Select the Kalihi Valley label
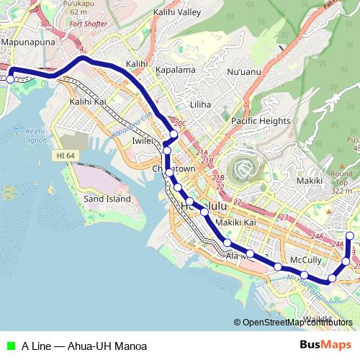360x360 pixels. (x=177, y=12)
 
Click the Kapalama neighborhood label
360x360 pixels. (x=176, y=70)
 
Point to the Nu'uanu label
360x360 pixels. (x=243, y=72)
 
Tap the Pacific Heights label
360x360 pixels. (x=261, y=121)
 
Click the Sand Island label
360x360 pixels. (x=107, y=199)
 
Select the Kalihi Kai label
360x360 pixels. (x=88, y=102)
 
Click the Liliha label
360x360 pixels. (x=200, y=104)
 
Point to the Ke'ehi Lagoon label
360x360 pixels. (x=35, y=135)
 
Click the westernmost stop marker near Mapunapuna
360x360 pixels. (x=10, y=79)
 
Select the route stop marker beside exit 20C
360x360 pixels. (x=174, y=135)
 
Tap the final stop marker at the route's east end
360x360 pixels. (x=350, y=236)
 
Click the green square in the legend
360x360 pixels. (x=9, y=346)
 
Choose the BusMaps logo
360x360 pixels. (x=325, y=346)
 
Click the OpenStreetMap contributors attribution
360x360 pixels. (x=297, y=323)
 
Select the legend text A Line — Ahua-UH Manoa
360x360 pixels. (x=84, y=346)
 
